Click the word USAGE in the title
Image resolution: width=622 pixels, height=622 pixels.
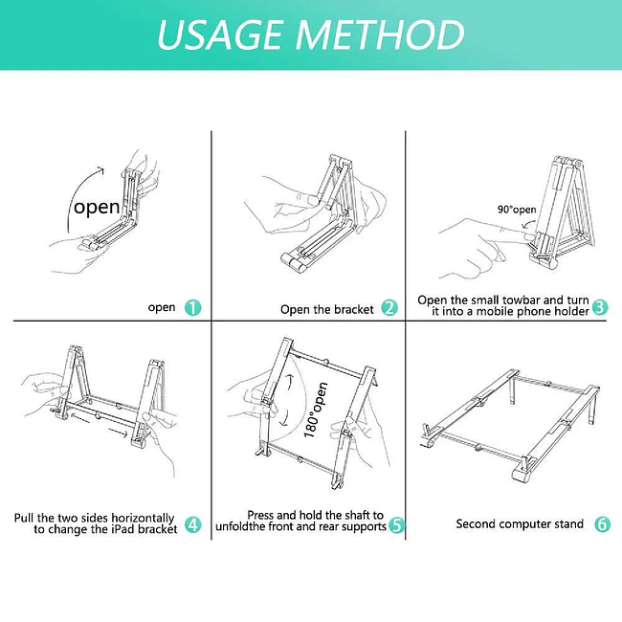pyautogui.click(x=219, y=34)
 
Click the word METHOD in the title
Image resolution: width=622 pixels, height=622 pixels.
pyautogui.click(x=380, y=34)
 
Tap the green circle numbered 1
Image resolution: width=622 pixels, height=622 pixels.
pyautogui.click(x=193, y=307)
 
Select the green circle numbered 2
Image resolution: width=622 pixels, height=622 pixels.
pyautogui.click(x=389, y=308)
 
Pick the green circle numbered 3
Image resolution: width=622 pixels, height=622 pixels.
pyautogui.click(x=600, y=307)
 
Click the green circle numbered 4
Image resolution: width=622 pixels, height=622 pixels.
pyautogui.click(x=193, y=523)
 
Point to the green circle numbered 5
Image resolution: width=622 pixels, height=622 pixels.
pyautogui.click(x=396, y=525)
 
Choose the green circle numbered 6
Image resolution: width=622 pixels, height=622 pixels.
pyautogui.click(x=602, y=523)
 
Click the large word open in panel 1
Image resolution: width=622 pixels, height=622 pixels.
pyautogui.click(x=98, y=207)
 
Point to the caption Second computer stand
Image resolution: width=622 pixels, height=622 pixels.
pyautogui.click(x=520, y=524)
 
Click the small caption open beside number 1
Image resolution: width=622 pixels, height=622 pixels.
pyautogui.click(x=162, y=307)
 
